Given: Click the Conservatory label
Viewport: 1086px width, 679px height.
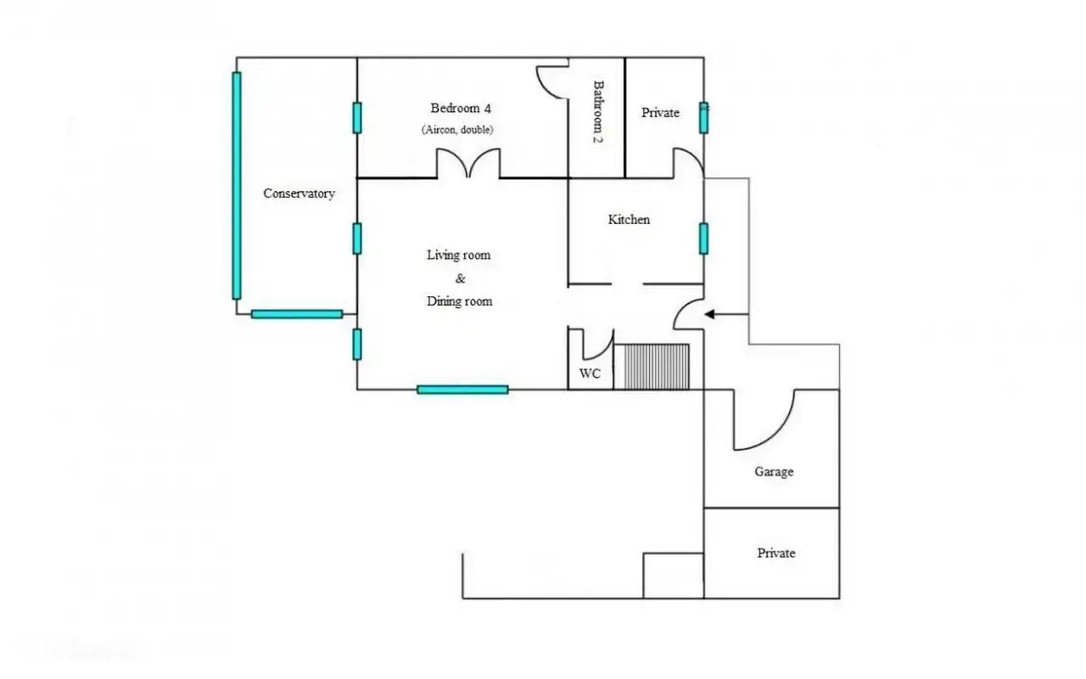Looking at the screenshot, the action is pyautogui.click(x=299, y=194).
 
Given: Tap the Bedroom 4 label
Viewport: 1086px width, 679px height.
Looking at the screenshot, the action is pyautogui.click(x=461, y=108).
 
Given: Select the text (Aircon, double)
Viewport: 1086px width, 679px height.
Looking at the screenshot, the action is pyautogui.click(x=457, y=130).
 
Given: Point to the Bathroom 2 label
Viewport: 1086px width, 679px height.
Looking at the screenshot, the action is pyautogui.click(x=598, y=111).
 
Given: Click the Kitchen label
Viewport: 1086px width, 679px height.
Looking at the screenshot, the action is pyautogui.click(x=629, y=220).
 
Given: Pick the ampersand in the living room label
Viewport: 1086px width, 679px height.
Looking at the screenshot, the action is pyautogui.click(x=460, y=278).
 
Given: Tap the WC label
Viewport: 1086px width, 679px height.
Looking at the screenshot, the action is pyautogui.click(x=590, y=373).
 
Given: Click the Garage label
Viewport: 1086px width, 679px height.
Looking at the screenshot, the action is pyautogui.click(x=774, y=471).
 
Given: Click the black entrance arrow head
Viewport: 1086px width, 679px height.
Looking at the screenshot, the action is pyautogui.click(x=709, y=315).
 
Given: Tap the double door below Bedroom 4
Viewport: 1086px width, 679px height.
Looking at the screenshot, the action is pyautogui.click(x=468, y=164).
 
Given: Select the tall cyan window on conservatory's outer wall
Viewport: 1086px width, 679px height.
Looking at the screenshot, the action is pyautogui.click(x=237, y=186).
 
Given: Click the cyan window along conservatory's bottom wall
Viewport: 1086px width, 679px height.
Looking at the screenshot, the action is pyautogui.click(x=297, y=314).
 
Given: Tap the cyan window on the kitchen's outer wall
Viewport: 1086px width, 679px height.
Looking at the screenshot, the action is pyautogui.click(x=704, y=238).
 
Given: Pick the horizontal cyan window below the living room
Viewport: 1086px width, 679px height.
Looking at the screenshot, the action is pyautogui.click(x=462, y=390).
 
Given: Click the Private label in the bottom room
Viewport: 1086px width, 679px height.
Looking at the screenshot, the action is pyautogui.click(x=776, y=553).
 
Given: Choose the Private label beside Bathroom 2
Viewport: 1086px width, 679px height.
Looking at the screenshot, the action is pyautogui.click(x=660, y=113).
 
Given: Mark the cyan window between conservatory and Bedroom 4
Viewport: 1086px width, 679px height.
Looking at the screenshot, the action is pyautogui.click(x=357, y=118).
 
